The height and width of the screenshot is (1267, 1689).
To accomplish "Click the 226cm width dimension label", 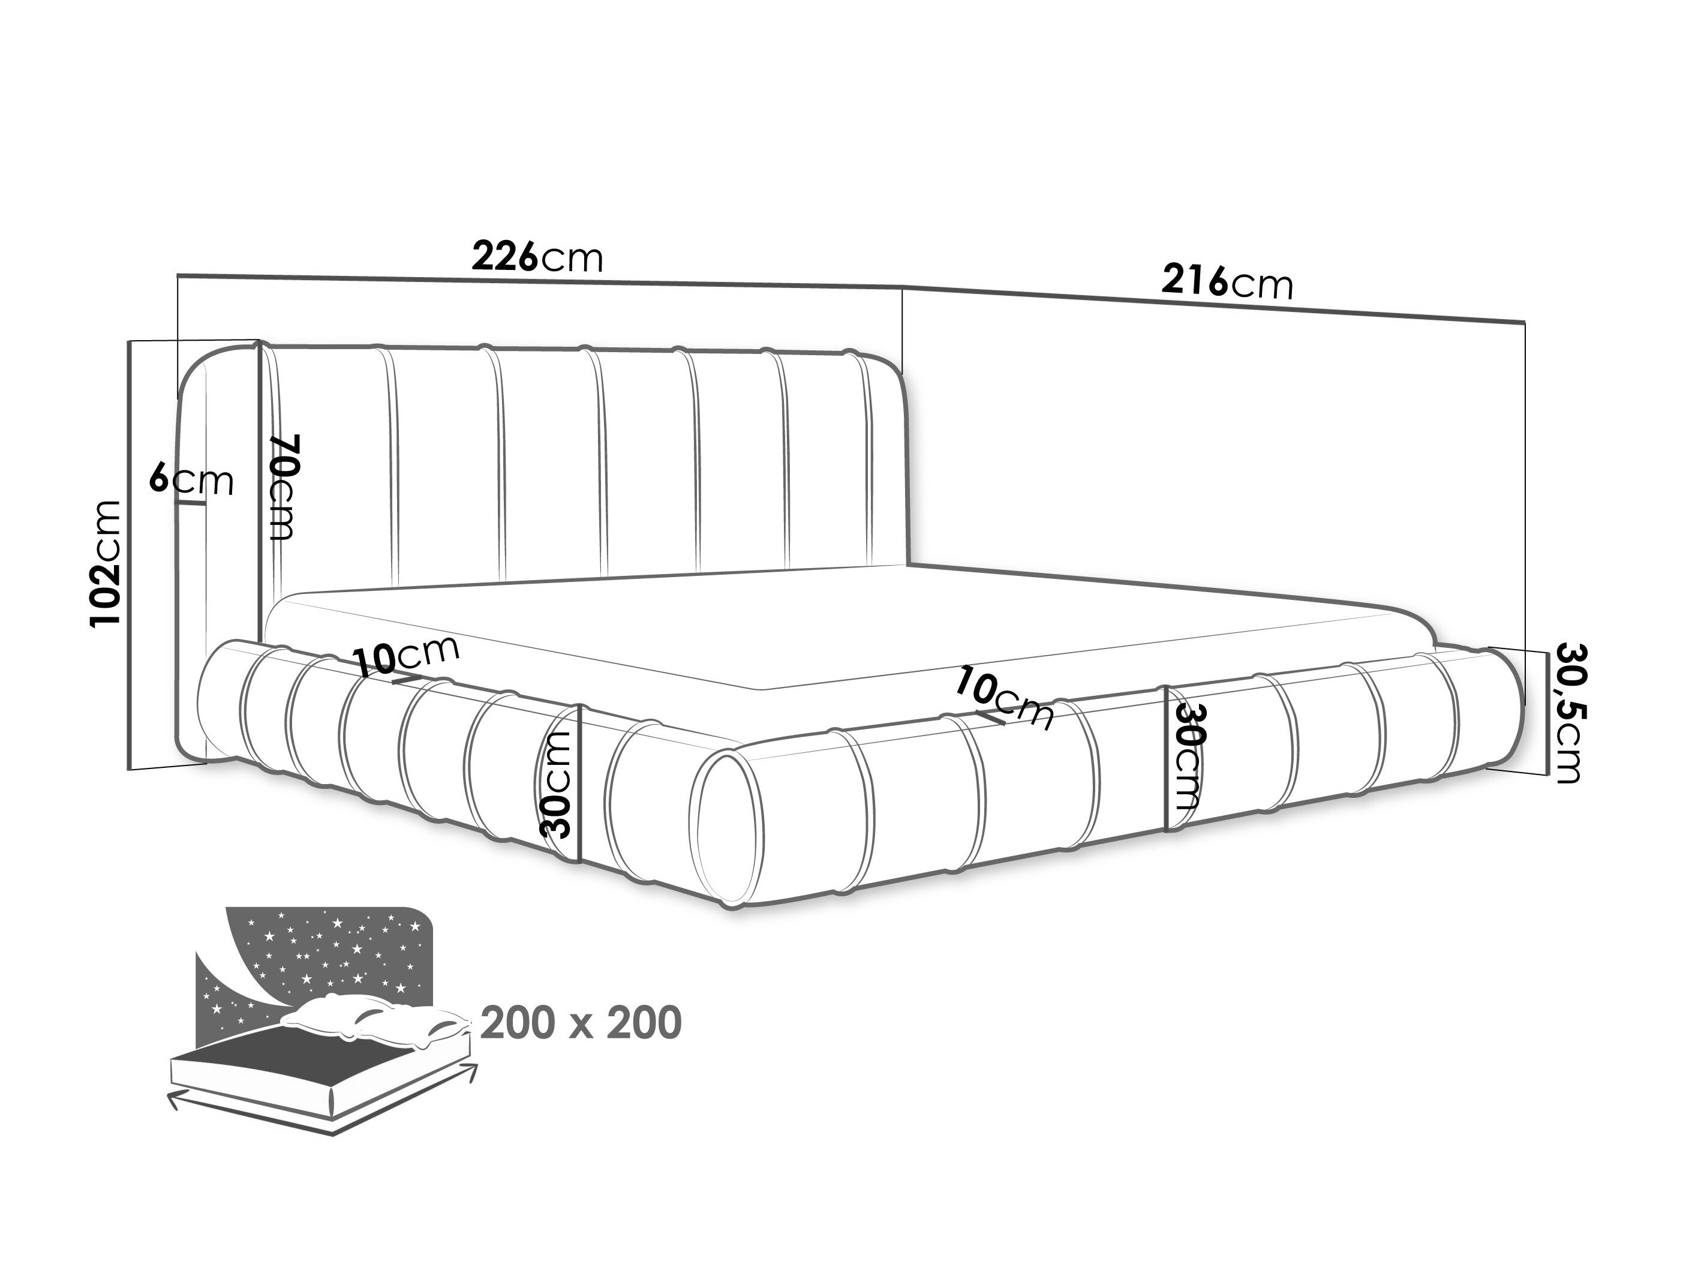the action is [x=537, y=257].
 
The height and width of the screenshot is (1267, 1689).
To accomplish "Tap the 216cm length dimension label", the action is [x=1227, y=282].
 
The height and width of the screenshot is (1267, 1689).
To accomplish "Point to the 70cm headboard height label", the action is [x=282, y=487].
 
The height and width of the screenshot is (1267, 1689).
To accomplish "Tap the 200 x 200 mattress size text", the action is [x=581, y=1023].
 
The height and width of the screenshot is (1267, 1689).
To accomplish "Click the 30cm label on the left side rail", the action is [x=555, y=784].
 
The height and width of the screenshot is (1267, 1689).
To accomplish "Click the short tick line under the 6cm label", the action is [x=192, y=504].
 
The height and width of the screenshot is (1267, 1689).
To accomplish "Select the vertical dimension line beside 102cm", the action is [x=130, y=556].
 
